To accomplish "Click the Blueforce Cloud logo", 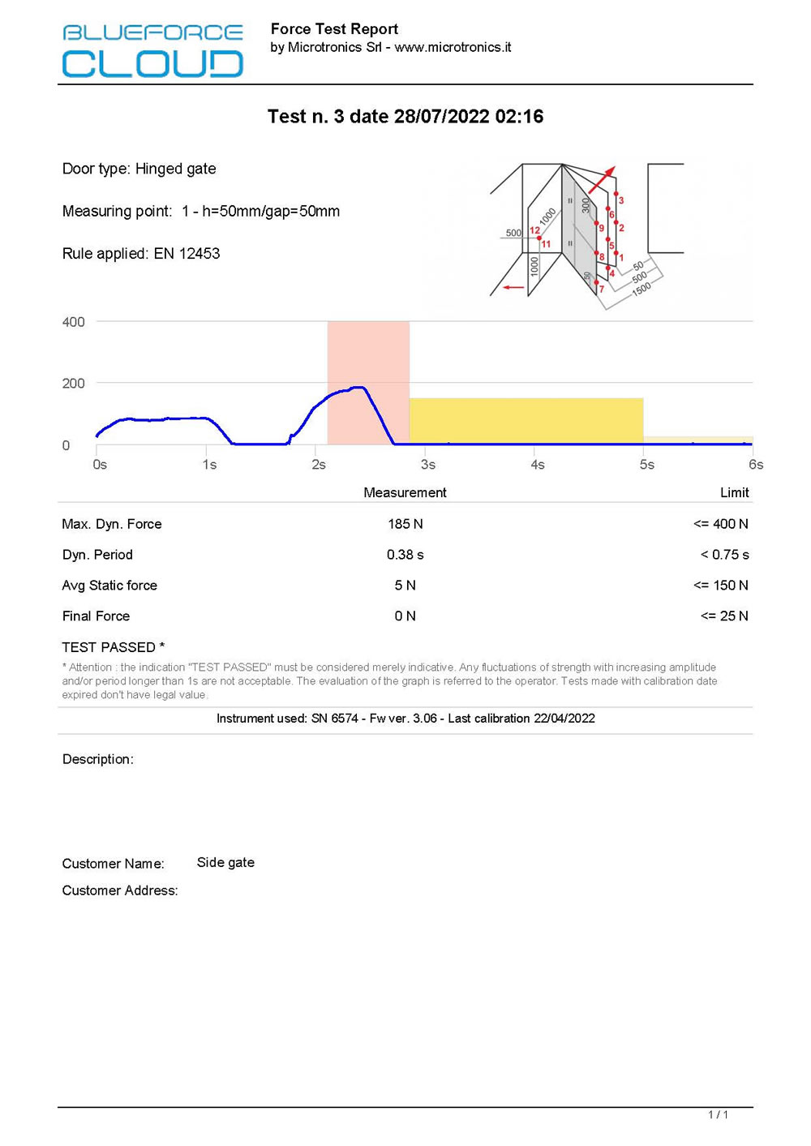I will [152, 50].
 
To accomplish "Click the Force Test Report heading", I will [334, 29].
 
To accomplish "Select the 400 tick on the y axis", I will [74, 322].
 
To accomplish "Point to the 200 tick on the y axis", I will [74, 384].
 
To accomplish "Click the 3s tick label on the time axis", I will [428, 465].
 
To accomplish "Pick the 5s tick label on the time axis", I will [646, 465].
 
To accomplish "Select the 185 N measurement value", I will [405, 524].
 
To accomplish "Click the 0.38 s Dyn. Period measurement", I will [405, 555].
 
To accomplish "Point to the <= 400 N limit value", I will [721, 524].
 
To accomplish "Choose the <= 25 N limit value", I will [724, 616].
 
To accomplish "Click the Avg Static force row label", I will [109, 586].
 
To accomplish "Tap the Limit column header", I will [734, 492].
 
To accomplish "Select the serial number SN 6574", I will [334, 719].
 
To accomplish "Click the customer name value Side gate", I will [225, 863].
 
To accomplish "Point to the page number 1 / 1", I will [718, 1115].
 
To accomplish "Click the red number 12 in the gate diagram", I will [534, 230].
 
